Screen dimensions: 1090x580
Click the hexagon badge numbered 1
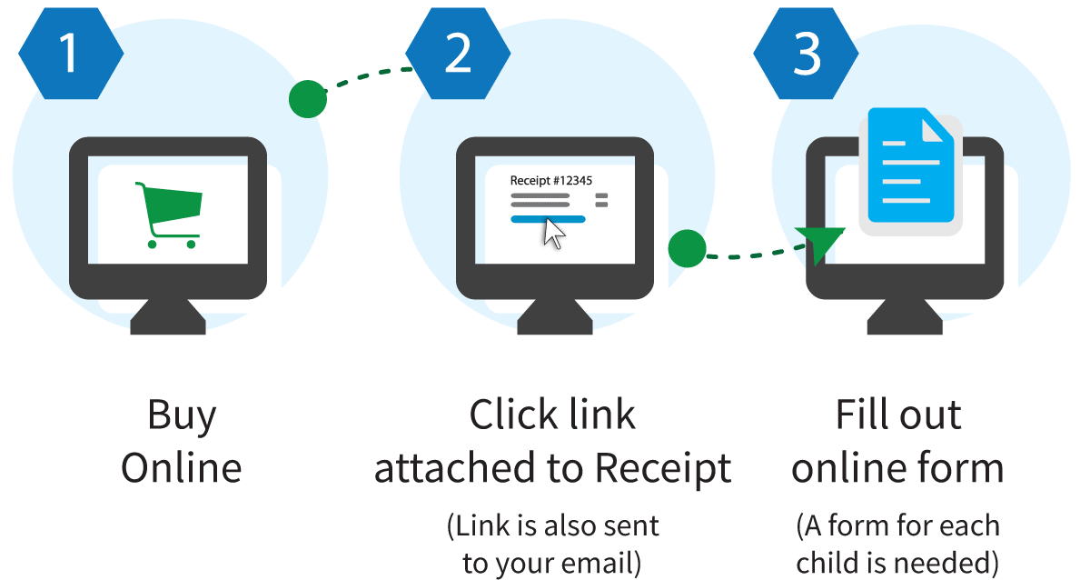(x=71, y=53)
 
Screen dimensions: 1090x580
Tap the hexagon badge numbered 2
(x=458, y=53)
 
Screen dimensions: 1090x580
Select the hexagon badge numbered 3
(x=806, y=53)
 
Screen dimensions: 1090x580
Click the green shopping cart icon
(x=169, y=215)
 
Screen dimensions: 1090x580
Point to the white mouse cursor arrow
(x=554, y=234)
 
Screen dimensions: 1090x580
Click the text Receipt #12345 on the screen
(x=550, y=181)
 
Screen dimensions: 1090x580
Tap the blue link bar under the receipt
(x=548, y=219)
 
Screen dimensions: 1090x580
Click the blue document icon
(x=910, y=165)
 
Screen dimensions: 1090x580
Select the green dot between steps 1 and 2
(x=308, y=99)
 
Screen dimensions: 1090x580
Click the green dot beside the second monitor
(x=687, y=248)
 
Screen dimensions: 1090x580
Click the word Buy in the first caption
(x=182, y=415)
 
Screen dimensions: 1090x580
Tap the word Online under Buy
(x=182, y=467)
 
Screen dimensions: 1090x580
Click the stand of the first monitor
(x=168, y=316)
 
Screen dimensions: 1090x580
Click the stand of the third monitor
(x=905, y=316)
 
